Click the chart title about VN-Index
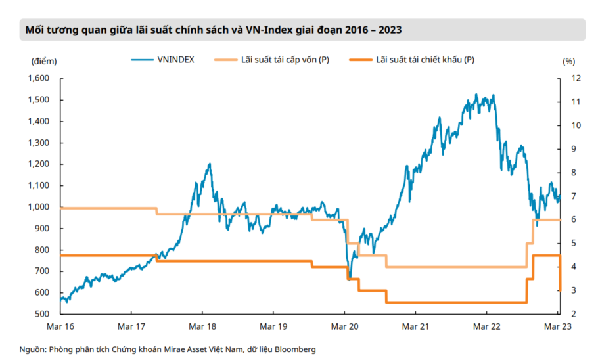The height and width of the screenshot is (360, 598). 214,30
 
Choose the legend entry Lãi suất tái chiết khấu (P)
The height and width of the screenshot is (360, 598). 425,60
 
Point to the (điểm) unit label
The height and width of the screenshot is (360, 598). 43,61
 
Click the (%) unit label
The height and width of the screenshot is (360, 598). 568,61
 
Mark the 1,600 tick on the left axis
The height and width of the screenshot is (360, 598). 39,78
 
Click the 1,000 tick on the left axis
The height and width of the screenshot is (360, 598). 39,207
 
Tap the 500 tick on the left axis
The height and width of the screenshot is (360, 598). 42,314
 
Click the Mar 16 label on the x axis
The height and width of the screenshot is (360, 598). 60,326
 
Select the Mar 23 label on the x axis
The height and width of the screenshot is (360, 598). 558,326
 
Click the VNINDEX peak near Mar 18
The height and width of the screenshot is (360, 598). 210,164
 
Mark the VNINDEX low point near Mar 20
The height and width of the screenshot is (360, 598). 350,279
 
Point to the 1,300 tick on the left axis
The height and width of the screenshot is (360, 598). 39,143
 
